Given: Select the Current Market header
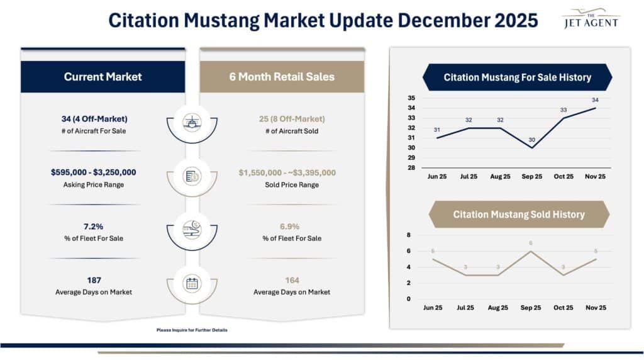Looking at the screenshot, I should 103,77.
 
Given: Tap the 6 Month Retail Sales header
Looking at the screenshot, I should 282,77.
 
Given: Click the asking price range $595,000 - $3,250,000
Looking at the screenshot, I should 94,172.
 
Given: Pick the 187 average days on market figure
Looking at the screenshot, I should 94,280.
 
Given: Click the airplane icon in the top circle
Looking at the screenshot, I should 192,122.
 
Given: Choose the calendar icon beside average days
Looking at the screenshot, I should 192,283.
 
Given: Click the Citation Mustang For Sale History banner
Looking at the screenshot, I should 517,77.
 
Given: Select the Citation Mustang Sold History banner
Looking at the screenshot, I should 519,215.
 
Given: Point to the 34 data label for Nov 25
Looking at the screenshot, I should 595,100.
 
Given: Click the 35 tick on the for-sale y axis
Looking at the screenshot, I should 411,98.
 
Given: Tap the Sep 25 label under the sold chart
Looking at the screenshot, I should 531,308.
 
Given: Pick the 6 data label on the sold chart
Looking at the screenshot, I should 531,243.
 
